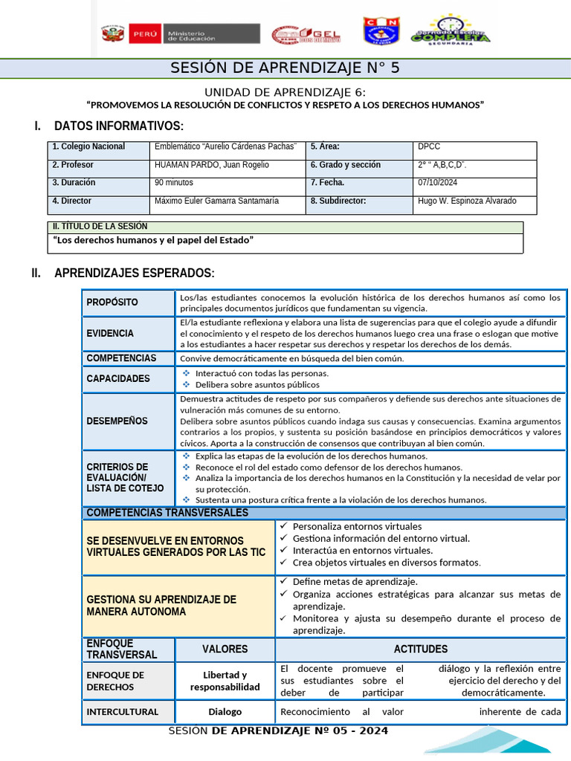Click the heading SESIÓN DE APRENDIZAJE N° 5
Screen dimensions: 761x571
pyautogui.click(x=285, y=68)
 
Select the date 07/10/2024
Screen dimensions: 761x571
pyautogui.click(x=439, y=183)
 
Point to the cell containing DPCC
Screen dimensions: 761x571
pyautogui.click(x=429, y=147)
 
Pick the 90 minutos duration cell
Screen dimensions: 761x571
pyautogui.click(x=174, y=183)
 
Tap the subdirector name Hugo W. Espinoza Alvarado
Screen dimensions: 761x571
pyautogui.click(x=467, y=201)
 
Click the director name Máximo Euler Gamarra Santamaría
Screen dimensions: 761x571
pyautogui.click(x=216, y=201)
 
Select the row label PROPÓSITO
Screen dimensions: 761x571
pyautogui.click(x=112, y=302)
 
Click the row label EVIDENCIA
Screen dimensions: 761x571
pyautogui.click(x=110, y=334)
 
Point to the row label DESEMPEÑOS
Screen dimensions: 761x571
pyautogui.click(x=117, y=421)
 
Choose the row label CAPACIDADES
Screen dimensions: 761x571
pyautogui.click(x=117, y=378)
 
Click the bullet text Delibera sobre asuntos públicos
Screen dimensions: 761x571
pyautogui.click(x=257, y=385)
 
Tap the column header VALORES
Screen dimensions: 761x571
pyautogui.click(x=225, y=650)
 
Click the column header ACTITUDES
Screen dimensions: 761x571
pyautogui.click(x=420, y=650)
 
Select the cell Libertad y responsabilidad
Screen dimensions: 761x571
pyautogui.click(x=225, y=681)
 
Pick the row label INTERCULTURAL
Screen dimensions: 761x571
pyautogui.click(x=122, y=712)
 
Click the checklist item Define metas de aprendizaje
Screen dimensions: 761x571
pyautogui.click(x=355, y=582)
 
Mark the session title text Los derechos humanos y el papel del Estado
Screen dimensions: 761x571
pyautogui.click(x=154, y=240)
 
